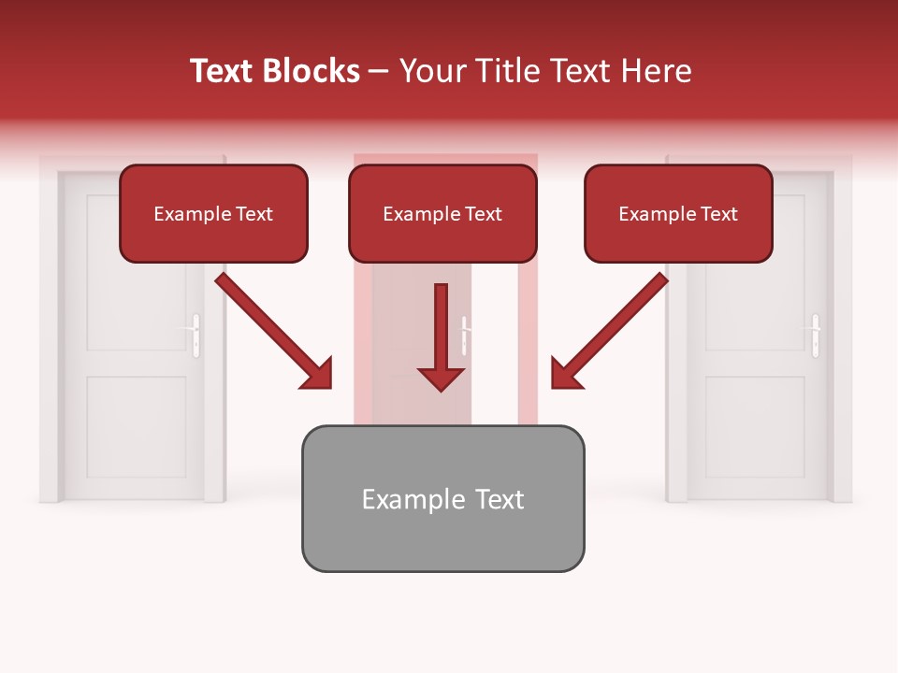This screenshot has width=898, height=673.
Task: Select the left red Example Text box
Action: [x=213, y=213]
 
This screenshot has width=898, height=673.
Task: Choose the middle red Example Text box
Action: [x=442, y=213]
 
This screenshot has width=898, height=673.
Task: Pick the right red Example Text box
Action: [x=678, y=213]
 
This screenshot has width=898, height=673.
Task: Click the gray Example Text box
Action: [x=442, y=498]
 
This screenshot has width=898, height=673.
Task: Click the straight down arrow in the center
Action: [x=441, y=336]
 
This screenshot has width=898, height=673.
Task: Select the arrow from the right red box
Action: [x=610, y=331]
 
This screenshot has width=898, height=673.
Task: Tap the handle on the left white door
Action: [x=196, y=335]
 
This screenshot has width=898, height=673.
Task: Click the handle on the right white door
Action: [x=816, y=335]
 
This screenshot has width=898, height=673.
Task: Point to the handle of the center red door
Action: [x=465, y=335]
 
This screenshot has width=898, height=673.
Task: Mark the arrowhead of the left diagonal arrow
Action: [x=316, y=373]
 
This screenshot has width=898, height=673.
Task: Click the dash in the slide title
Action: [x=379, y=72]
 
